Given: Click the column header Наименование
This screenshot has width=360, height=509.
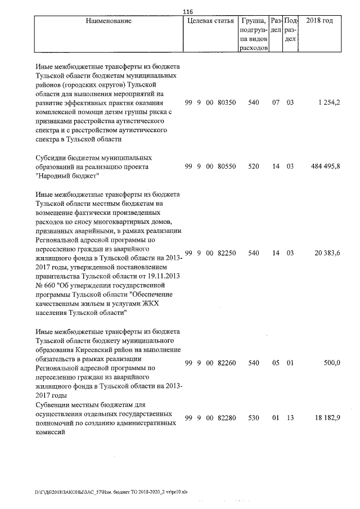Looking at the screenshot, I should (x=109, y=21).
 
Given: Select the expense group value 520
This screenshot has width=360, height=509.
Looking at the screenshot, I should (x=254, y=166).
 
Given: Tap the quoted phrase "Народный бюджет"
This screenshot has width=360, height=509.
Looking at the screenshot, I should (x=67, y=176).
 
